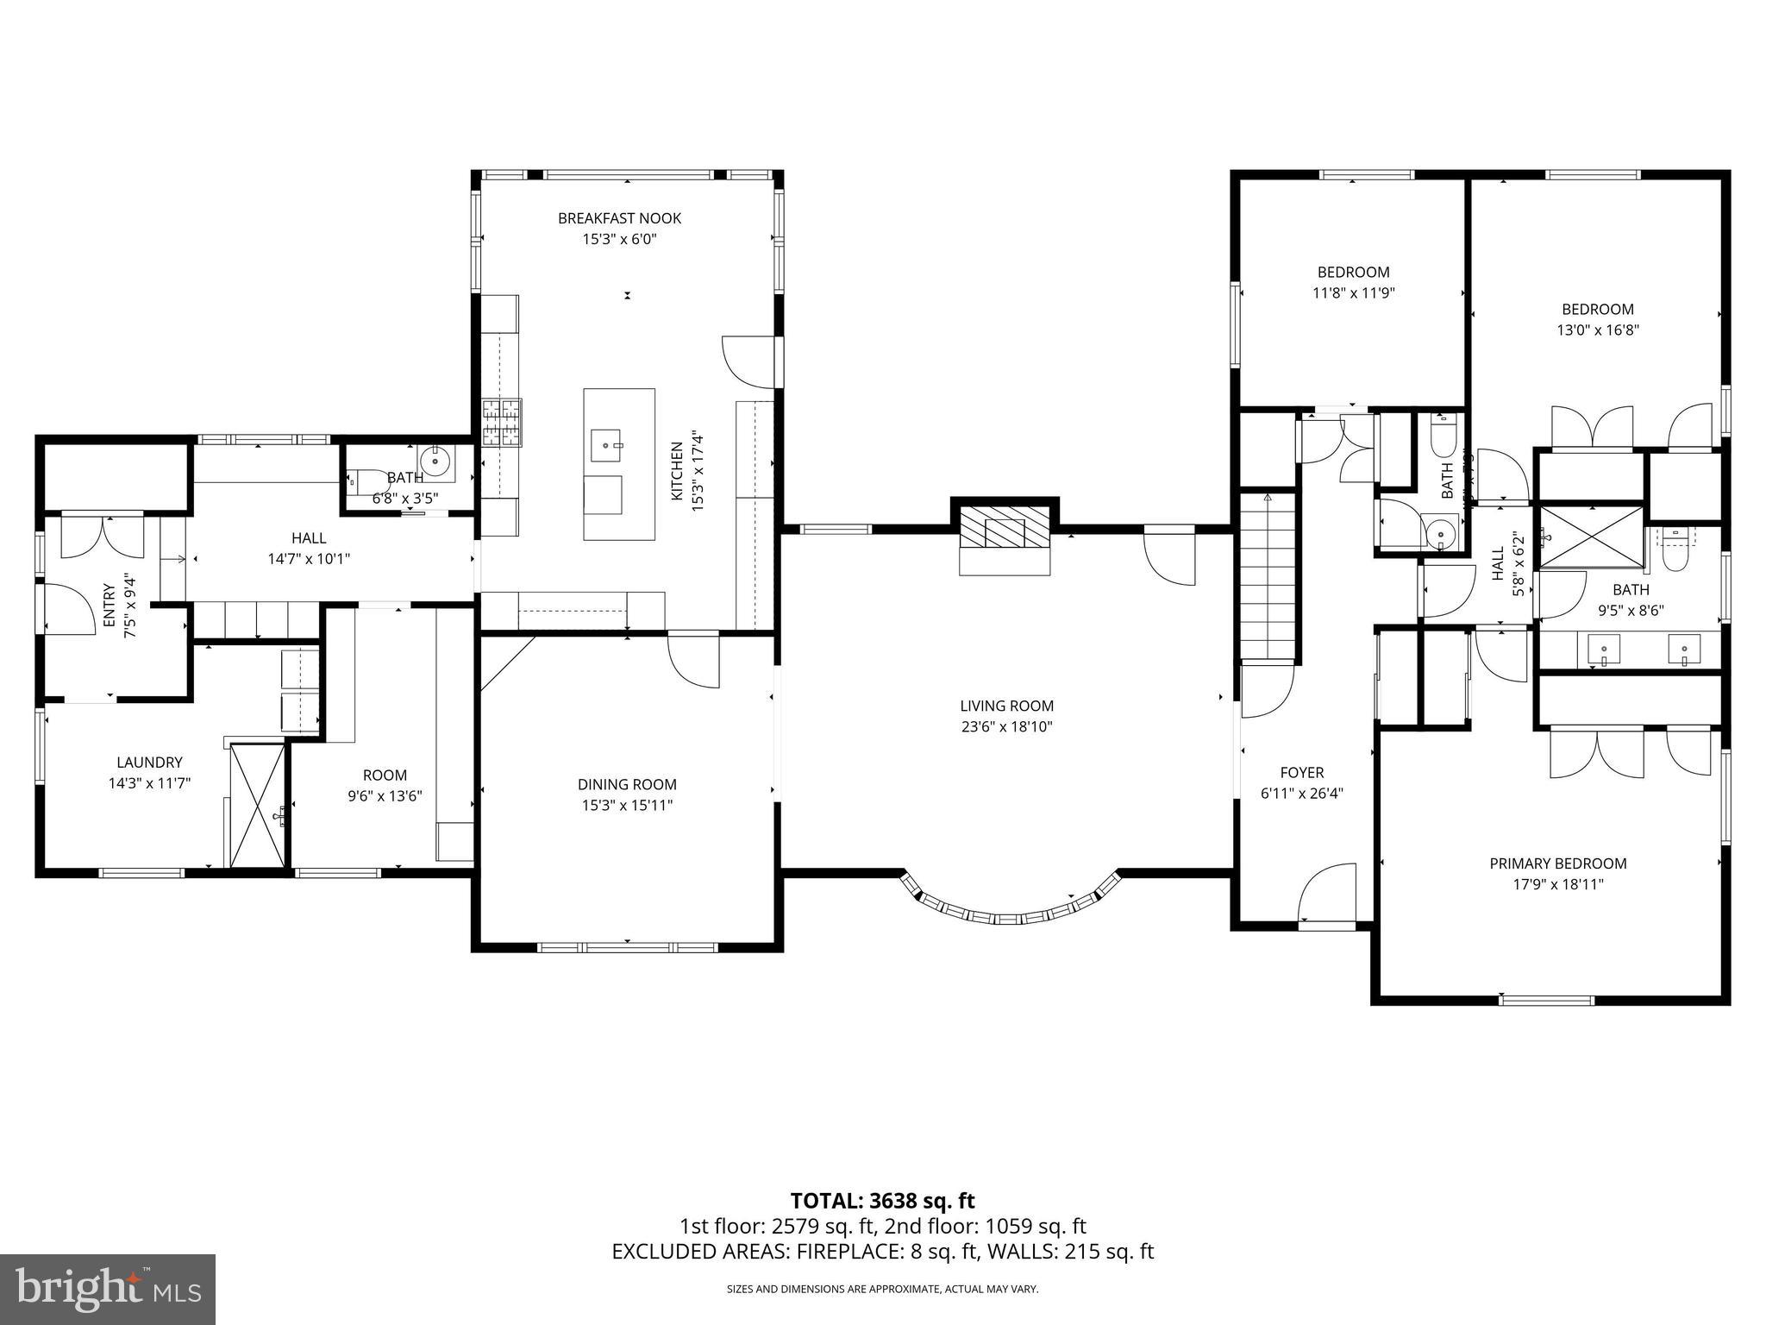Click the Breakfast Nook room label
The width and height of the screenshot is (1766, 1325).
(x=619, y=218)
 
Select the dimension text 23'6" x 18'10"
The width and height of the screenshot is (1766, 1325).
(x=1006, y=726)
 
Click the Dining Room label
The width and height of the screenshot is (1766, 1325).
(x=627, y=784)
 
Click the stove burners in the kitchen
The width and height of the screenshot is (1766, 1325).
(x=502, y=423)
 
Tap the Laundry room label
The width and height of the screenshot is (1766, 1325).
(x=149, y=762)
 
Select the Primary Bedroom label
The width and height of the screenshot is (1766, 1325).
(x=1557, y=863)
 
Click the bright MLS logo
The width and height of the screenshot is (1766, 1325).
(x=108, y=1289)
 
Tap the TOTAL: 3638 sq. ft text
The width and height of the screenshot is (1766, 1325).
(x=882, y=1200)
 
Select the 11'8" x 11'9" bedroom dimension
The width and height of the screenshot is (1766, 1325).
(x=1353, y=292)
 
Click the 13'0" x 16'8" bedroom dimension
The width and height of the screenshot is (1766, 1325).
(x=1597, y=330)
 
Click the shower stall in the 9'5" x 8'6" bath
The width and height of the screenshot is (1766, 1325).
(x=1591, y=537)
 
